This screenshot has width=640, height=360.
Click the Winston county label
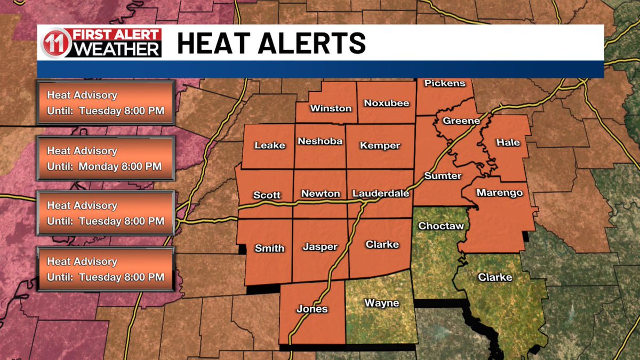331,108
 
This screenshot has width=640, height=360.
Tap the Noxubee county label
386,103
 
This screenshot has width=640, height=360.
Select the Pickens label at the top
445,83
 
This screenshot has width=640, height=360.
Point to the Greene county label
461,121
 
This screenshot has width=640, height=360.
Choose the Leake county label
269,145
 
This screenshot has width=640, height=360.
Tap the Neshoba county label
320,141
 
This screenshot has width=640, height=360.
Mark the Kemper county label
380,146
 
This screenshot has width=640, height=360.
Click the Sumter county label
443,175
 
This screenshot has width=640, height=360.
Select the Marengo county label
499,193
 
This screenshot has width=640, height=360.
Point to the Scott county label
267,195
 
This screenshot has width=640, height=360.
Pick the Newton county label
321,194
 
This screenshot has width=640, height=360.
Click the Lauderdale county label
381,194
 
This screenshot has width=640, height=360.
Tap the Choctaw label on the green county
441,226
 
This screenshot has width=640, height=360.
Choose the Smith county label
269,248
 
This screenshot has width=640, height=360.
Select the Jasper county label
320,247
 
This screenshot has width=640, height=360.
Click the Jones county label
312,309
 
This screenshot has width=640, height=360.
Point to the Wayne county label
381,303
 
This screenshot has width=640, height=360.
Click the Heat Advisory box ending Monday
105,158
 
